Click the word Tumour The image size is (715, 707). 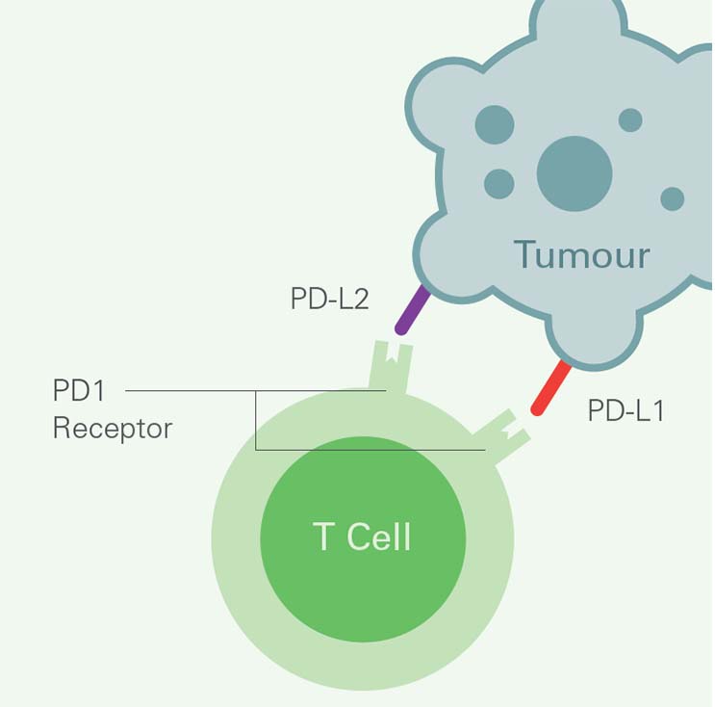[581, 254]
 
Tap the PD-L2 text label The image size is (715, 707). [329, 299]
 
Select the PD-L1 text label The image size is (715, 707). [626, 411]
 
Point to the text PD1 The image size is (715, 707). [79, 392]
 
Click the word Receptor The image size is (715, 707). [112, 428]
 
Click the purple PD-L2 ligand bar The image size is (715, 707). [412, 308]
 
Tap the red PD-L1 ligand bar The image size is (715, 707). [552, 387]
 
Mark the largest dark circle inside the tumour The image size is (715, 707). [575, 174]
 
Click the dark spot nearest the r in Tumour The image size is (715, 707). [672, 199]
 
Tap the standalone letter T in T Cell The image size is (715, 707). [324, 537]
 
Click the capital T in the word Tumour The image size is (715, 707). [526, 254]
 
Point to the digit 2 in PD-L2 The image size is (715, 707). [359, 299]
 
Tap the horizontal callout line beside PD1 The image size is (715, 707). [192, 391]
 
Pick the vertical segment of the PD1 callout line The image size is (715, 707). [256, 420]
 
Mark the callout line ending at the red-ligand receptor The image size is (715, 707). [385, 450]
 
